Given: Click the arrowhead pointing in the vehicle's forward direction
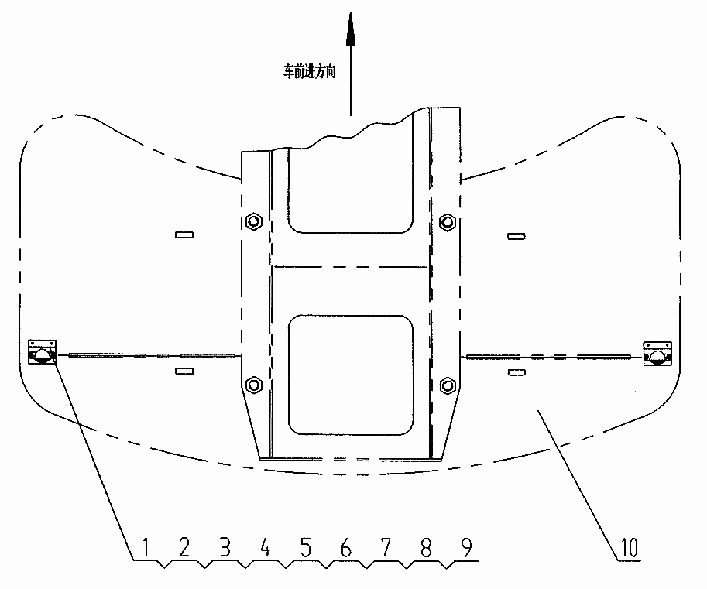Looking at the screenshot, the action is (x=351, y=29).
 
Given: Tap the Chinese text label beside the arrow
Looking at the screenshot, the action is (x=309, y=71).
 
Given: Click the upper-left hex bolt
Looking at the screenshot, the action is (x=254, y=221).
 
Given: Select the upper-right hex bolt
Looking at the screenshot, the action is (x=447, y=222).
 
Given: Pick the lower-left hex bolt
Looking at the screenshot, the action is (x=254, y=385).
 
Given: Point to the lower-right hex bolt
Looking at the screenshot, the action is (x=448, y=385).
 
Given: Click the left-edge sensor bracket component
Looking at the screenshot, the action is (x=42, y=351).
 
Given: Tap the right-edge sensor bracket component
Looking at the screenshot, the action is (x=657, y=353).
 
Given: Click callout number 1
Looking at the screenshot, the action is (x=146, y=547).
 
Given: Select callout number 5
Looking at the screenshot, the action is (x=306, y=547).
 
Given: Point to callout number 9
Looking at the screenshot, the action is (x=466, y=547).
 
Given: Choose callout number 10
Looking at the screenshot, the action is (x=630, y=547).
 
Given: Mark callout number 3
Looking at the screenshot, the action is (x=225, y=547).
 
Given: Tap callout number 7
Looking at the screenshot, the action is (x=386, y=547).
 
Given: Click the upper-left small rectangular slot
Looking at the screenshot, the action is (x=184, y=235).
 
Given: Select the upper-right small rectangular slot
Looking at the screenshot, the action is (x=517, y=236).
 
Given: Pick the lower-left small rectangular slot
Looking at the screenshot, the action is (x=184, y=371).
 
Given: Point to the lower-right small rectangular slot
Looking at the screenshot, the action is (x=517, y=372).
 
